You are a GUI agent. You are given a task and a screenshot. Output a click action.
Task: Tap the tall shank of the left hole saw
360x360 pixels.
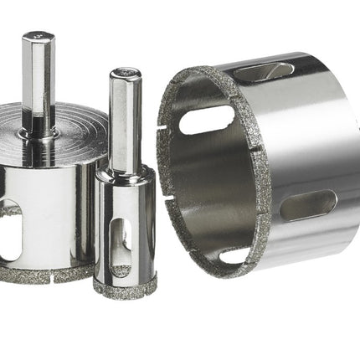pyautogui.click(x=39, y=75)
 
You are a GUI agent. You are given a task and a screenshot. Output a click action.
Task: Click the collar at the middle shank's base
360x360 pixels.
pyautogui.click(x=122, y=172)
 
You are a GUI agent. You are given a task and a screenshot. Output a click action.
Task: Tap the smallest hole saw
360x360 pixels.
pyautogui.click(x=124, y=226)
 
